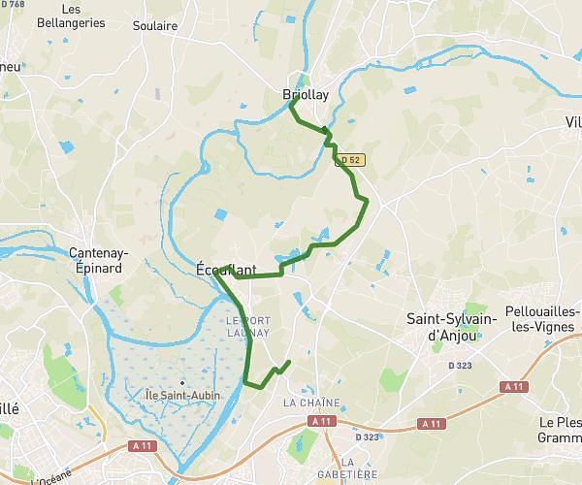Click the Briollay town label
click(x=306, y=96)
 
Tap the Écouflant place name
click(x=226, y=270)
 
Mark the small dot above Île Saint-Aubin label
click(x=181, y=382)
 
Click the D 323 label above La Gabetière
click(x=367, y=437)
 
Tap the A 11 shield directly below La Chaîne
click(x=319, y=422)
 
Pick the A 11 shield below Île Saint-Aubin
click(x=144, y=446)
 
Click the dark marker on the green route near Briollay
click(x=326, y=131)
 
